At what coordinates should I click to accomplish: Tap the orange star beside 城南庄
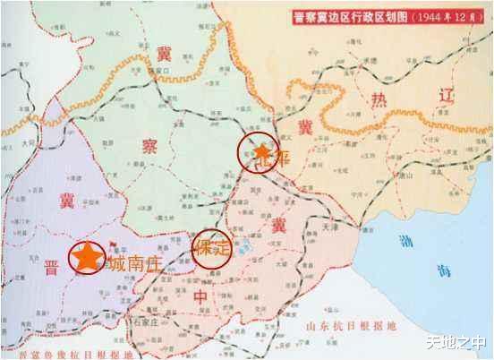(87, 257)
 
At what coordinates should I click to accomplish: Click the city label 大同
(32, 141)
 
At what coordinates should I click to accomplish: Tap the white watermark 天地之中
(457, 342)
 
